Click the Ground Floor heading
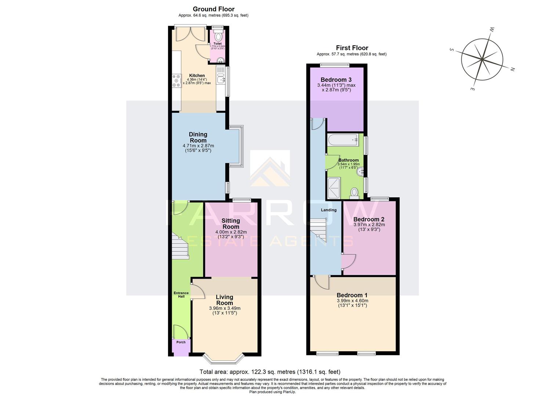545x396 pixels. coord(213,9)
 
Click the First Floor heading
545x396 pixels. coord(352,48)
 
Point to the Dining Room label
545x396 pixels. coord(198,137)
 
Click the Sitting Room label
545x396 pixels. coord(230,223)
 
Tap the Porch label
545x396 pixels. coord(181,342)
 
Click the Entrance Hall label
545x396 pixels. coord(181,294)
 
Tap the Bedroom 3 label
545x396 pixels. coord(336,80)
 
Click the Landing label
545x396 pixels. coord(328,210)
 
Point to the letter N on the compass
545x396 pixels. coord(513,69)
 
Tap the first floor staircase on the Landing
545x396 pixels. coord(319,230)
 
